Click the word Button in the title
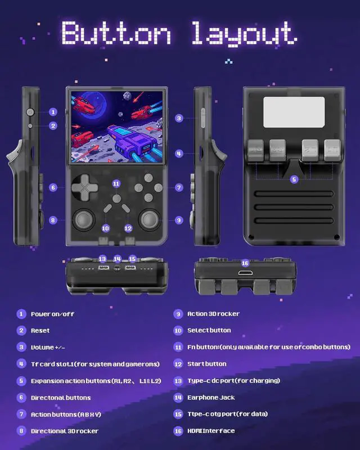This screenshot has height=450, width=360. click(x=116, y=33)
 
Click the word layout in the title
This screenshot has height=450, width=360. click(x=243, y=33)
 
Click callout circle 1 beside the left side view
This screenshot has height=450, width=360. click(x=53, y=112)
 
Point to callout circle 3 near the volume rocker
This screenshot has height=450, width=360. click(x=179, y=118)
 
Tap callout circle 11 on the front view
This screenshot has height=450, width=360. click(x=116, y=183)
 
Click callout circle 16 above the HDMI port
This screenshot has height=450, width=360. click(x=245, y=263)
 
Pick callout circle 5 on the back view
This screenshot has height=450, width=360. click(x=294, y=179)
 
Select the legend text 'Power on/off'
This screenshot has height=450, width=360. click(x=52, y=314)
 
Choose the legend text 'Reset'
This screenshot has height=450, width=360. click(x=40, y=331)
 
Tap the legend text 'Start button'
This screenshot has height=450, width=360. click(x=206, y=364)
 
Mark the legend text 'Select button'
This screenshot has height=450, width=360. click(x=209, y=331)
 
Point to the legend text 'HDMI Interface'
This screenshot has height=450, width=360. click(x=211, y=431)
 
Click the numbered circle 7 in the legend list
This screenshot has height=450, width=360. click(x=21, y=414)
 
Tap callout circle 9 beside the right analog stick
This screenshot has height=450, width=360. click(x=179, y=220)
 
